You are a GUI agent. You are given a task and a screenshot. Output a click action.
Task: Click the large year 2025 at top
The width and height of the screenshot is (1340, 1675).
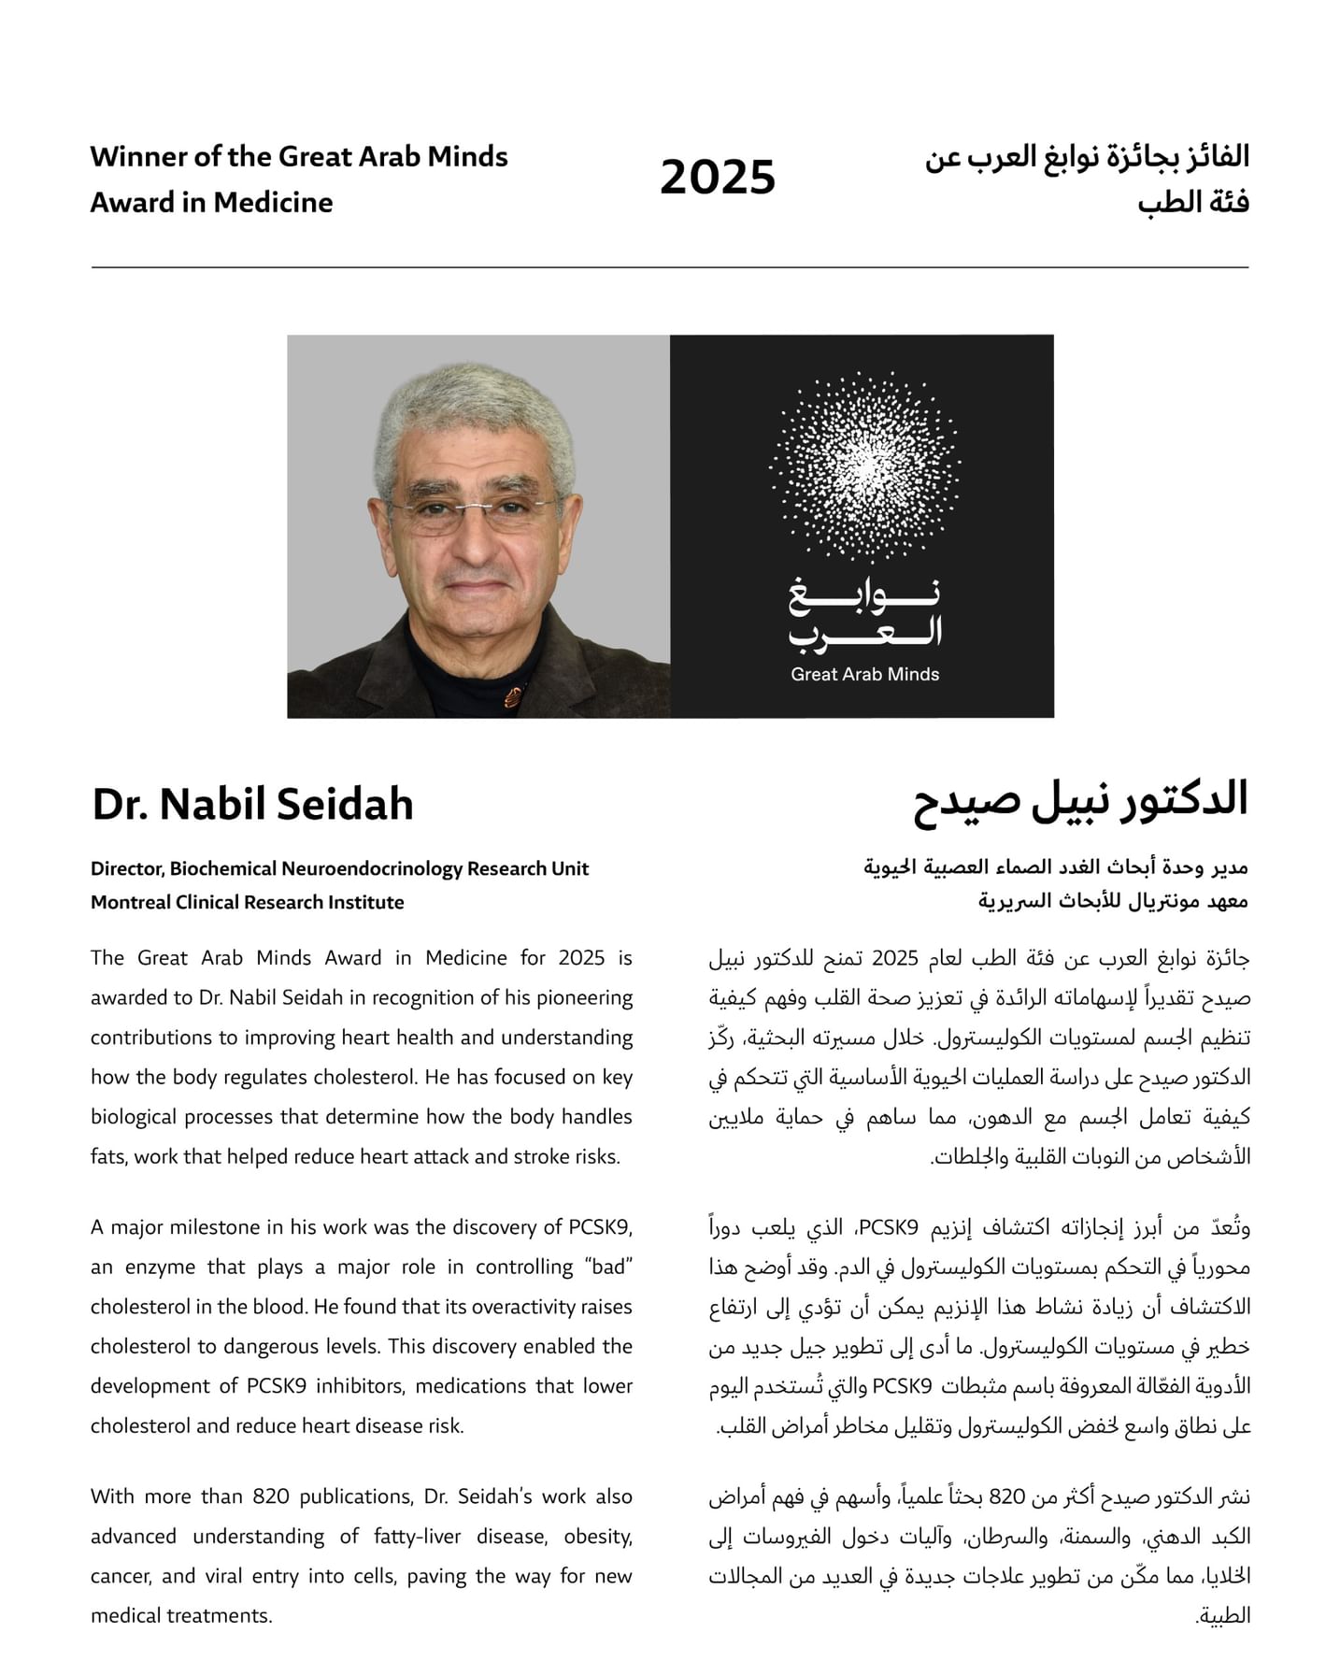pos(717,178)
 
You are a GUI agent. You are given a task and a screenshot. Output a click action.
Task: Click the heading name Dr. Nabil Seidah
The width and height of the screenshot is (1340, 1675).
pos(252,805)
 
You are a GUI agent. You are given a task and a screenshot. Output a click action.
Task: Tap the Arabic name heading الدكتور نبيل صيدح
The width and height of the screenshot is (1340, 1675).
pos(1080,801)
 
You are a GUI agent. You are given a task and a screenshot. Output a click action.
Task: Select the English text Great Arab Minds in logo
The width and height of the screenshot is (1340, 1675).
pos(864,674)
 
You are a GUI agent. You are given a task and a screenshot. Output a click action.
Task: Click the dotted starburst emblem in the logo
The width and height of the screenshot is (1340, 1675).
pos(864,467)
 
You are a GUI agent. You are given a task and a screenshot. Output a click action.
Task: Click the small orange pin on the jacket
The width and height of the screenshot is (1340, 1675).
pos(513,695)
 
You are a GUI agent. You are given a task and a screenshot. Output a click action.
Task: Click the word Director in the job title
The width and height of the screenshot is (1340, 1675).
pos(127,868)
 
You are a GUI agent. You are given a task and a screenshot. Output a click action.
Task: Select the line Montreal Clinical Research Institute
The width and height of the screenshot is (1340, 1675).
pos(248,902)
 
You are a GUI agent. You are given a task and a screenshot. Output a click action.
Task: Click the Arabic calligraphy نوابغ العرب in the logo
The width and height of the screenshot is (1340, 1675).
pos(864,615)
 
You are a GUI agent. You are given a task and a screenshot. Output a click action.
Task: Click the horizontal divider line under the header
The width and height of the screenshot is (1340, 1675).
pos(669,267)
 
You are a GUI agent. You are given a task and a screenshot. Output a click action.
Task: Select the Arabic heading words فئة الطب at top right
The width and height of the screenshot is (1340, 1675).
pos(1193,203)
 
